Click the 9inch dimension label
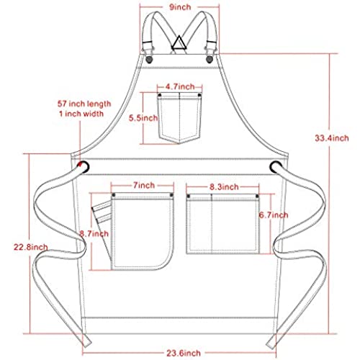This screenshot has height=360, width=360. pos(180,7)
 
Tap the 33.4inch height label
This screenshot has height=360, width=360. pos(332,138)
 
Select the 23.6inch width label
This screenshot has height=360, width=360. pos(184,353)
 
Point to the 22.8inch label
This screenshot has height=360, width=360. pos(30,247)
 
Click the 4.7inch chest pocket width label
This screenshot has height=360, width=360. pos(180,86)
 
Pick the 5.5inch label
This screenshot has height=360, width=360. pos(143,118)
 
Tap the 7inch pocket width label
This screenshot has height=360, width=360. pos(144,185)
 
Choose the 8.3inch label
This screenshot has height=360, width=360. pos(224,187)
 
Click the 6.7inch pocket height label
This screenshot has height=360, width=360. pos(274,215)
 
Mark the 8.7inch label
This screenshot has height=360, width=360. pos(94,233)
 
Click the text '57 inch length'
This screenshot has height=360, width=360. pos(84,104)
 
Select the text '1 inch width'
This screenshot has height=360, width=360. pos(81,114)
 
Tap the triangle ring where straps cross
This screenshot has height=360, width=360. pos(179,43)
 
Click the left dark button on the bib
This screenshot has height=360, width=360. pos(149,60)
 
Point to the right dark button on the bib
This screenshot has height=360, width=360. pos(210,59)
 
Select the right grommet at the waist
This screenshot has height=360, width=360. pos(276,167)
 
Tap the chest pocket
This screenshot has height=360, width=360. pos(179,118)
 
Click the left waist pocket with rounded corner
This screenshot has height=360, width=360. pos(143,232)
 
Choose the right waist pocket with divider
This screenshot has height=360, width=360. pos(223,224)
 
